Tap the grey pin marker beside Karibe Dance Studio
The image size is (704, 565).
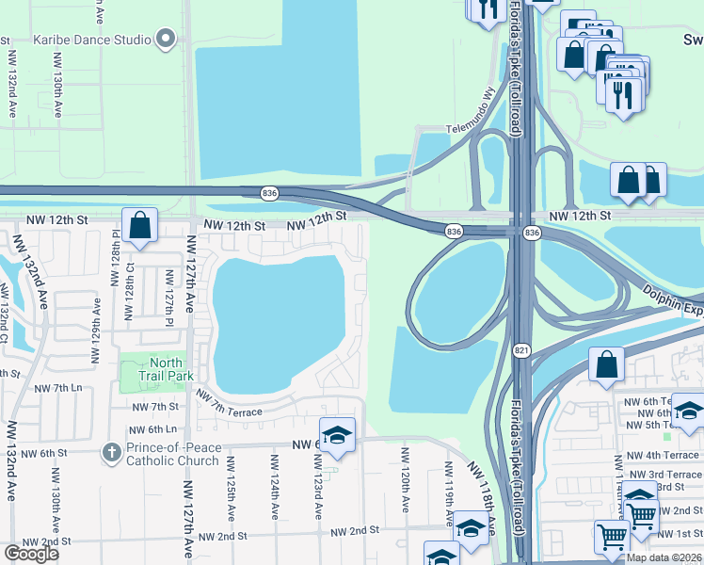pyautogui.click(x=167, y=40)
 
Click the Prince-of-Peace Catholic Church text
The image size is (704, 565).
pyautogui.click(x=173, y=453)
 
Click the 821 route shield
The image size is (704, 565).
pyautogui.click(x=520, y=350)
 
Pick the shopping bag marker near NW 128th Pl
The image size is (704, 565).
pyautogui.click(x=139, y=226)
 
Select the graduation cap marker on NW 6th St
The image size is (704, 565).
pyautogui.click(x=337, y=435)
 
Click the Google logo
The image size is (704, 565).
pyautogui.click(x=31, y=554)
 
